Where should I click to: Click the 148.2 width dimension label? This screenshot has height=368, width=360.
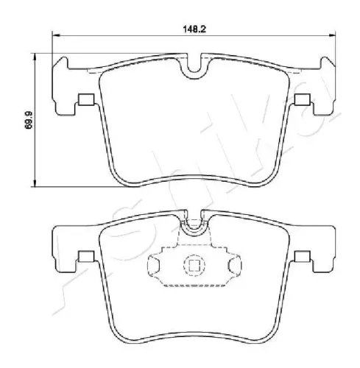(194, 29)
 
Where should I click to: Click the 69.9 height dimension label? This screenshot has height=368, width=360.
(29, 120)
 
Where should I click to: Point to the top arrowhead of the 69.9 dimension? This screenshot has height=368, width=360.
(35, 57)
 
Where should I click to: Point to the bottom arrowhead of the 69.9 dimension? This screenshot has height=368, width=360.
(35, 183)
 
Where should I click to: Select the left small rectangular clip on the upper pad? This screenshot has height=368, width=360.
(86, 99)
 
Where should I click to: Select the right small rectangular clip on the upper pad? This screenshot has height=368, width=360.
(303, 99)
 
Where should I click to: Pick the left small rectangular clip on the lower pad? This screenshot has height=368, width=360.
(86, 256)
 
